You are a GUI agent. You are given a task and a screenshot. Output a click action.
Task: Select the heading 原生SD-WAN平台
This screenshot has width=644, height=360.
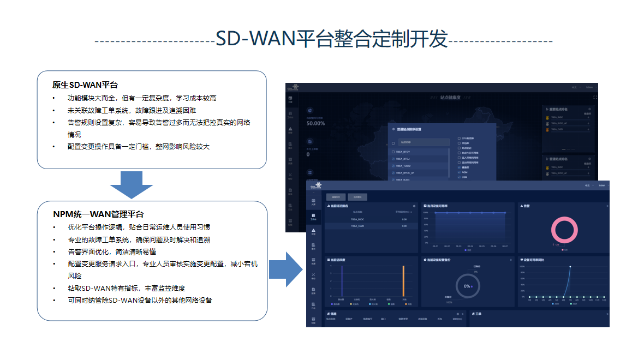point(85,85)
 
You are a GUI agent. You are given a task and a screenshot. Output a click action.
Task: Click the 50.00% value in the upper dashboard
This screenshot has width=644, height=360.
point(315,123)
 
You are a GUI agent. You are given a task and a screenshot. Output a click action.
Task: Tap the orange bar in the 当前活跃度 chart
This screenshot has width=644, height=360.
point(403,281)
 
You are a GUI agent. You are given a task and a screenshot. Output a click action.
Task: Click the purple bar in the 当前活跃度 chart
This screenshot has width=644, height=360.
point(341,281)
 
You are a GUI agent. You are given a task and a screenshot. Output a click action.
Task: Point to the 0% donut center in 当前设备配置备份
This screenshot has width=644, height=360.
point(467,286)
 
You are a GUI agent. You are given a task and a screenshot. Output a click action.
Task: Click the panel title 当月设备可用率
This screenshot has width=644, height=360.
point(438,206)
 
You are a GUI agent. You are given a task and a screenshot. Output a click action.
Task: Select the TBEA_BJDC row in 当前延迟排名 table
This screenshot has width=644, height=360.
point(358,219)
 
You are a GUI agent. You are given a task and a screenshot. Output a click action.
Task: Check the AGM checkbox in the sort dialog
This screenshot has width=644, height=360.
point(459,172)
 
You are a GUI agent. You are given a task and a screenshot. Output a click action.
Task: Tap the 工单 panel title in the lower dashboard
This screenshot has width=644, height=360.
point(479,314)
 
